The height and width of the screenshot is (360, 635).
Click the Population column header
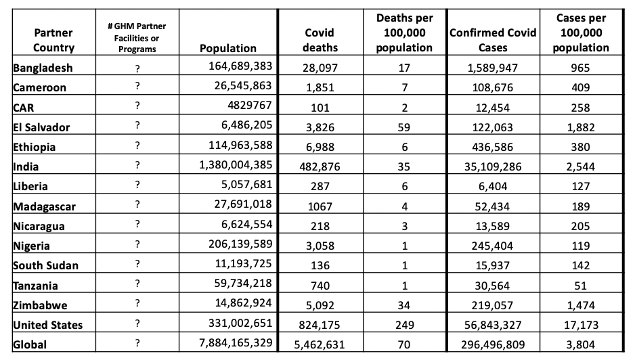click(228, 48)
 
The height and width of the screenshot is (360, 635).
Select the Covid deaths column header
click(320, 40)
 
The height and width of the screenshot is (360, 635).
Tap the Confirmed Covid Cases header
click(493, 40)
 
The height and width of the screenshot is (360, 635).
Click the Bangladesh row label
click(43, 68)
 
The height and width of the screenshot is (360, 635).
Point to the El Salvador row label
click(41, 127)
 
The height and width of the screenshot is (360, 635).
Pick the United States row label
click(48, 325)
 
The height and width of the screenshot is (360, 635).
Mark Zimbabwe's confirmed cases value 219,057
click(493, 305)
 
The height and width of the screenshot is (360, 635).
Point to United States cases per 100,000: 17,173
click(580, 325)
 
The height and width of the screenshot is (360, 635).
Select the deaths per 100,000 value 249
click(404, 325)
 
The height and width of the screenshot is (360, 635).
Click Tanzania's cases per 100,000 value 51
click(580, 286)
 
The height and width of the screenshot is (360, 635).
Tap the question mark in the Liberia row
click(137, 185)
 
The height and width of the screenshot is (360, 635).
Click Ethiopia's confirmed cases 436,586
click(493, 147)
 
